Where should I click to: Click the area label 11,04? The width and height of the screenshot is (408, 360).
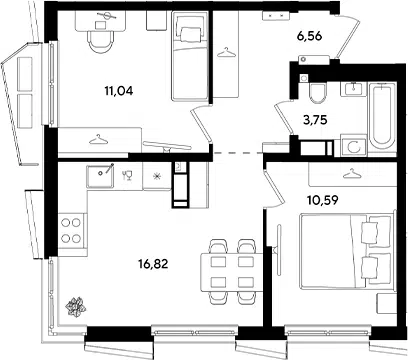(x=119, y=90)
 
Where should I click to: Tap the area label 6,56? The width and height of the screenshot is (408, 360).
(x=309, y=36)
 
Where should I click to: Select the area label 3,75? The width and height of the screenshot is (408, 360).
(x=315, y=120)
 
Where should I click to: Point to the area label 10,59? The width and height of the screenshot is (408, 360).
(x=323, y=200)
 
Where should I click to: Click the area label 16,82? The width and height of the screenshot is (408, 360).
(x=153, y=264)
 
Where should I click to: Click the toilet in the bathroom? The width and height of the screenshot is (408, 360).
(x=317, y=93)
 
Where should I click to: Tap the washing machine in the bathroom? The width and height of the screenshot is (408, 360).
(x=354, y=147)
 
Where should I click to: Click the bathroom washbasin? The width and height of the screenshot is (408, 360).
(x=353, y=89)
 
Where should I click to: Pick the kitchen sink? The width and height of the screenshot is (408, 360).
(x=100, y=176)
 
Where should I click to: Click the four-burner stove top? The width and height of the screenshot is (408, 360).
(x=71, y=230)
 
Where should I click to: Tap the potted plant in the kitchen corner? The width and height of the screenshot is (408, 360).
(x=76, y=306)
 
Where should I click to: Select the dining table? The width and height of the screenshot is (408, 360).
(x=232, y=272)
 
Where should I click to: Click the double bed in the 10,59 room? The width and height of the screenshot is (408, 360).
(x=347, y=251)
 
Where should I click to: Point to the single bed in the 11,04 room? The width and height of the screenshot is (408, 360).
(x=190, y=56)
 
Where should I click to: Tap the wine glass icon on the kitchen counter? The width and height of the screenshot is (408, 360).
(x=127, y=175)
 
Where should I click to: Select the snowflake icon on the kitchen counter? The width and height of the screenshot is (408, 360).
(x=157, y=176)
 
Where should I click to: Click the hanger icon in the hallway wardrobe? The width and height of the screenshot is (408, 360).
(x=226, y=53)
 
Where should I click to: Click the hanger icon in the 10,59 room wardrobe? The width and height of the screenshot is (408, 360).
(x=353, y=174)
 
